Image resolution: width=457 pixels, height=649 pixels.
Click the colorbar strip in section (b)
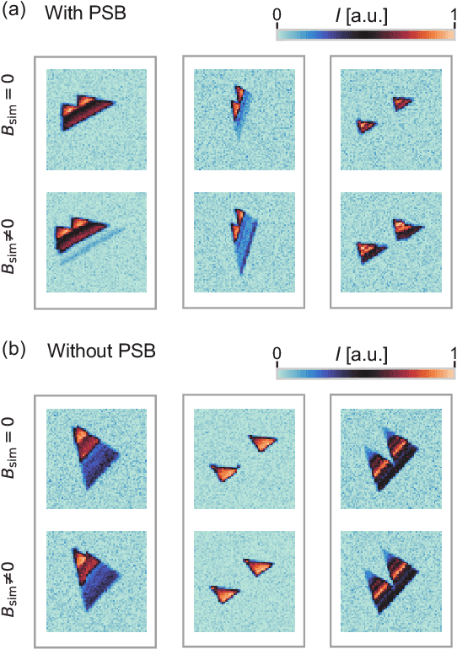(365, 368)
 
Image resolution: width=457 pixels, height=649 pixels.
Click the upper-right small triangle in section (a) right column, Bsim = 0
(403, 102)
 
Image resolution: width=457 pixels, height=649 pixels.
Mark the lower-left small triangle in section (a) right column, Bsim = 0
(365, 126)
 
